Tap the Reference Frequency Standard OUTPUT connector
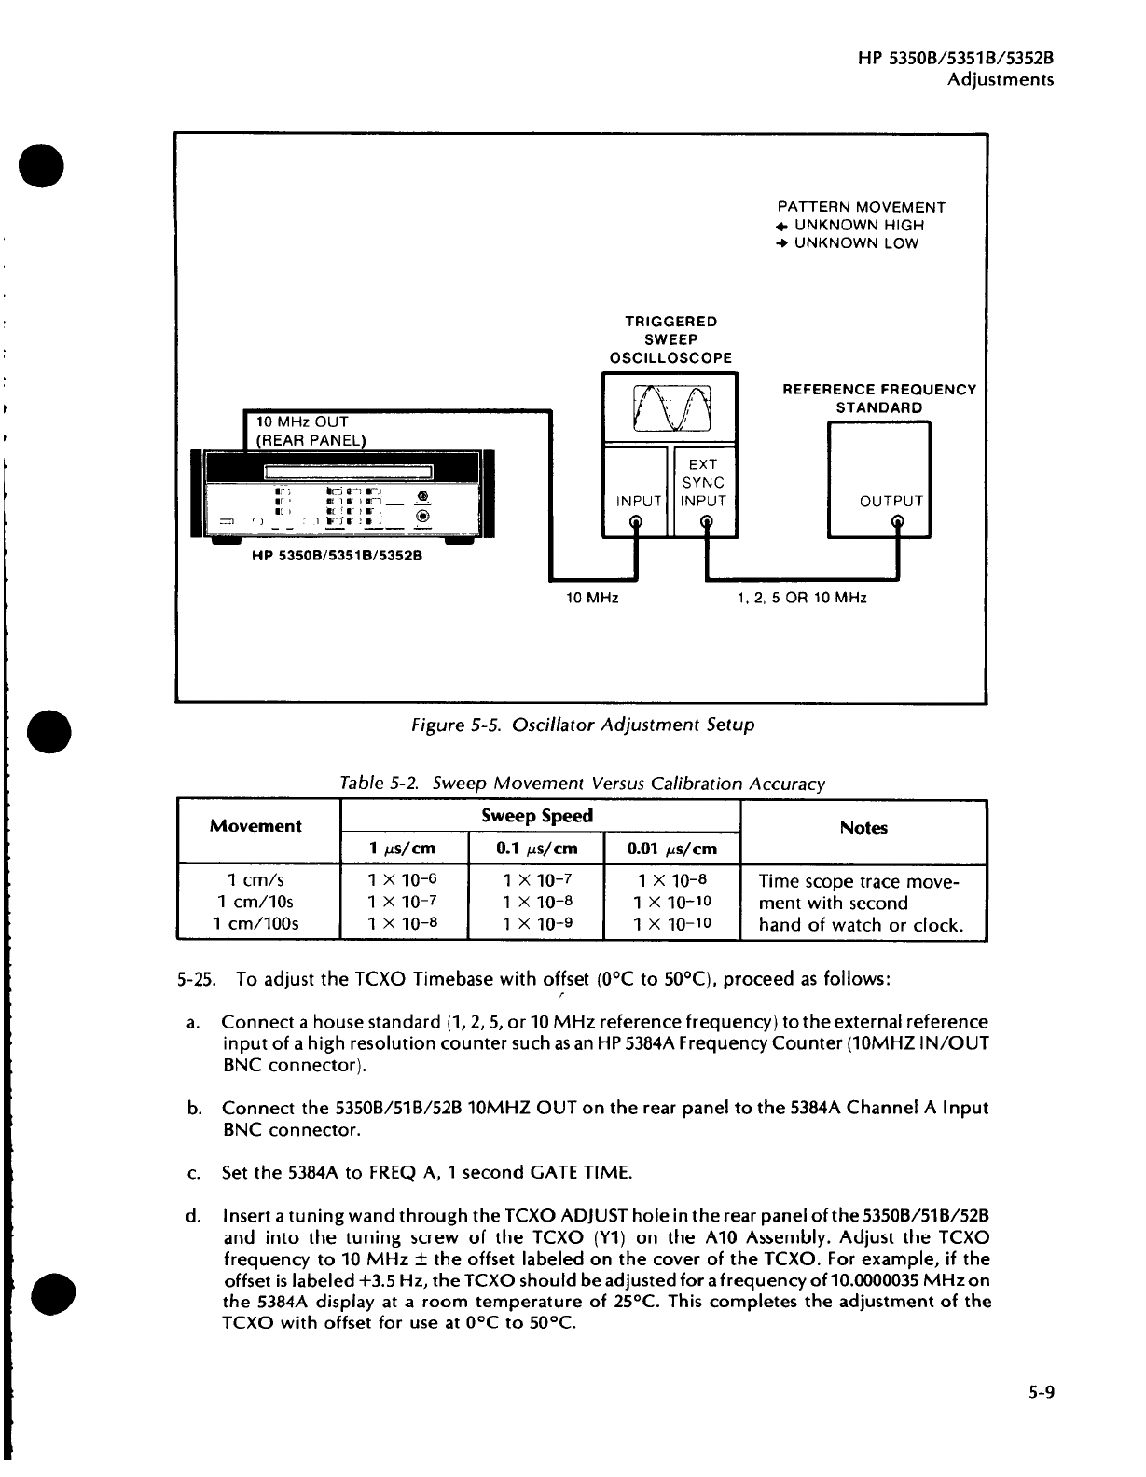[x=897, y=523]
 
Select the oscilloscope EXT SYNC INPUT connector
[x=706, y=523]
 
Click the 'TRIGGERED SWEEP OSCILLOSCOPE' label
[x=670, y=339]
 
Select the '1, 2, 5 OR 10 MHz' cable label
[x=802, y=598]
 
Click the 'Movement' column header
[x=255, y=826]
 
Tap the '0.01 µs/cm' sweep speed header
[x=671, y=849]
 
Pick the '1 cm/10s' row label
[x=255, y=902]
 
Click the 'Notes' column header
[x=863, y=828]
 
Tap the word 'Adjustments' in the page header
[x=1001, y=79]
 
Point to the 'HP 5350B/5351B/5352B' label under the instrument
[x=337, y=557]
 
